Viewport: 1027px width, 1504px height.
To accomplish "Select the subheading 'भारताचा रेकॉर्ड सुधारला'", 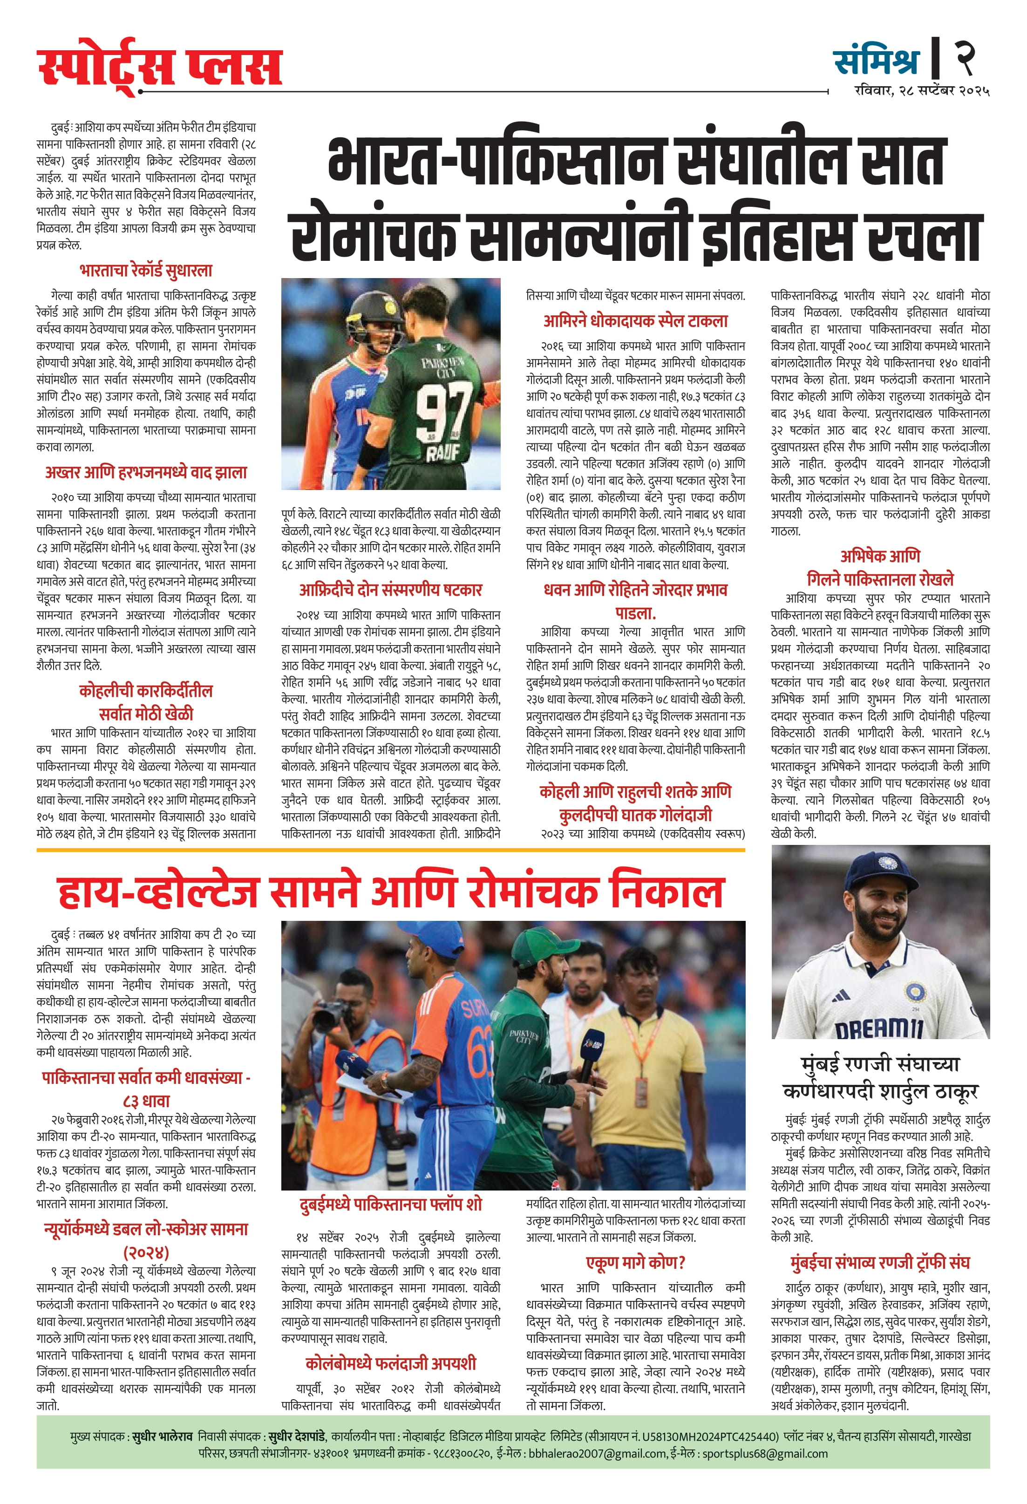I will pos(146,271).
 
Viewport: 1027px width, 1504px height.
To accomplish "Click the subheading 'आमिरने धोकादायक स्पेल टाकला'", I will pos(635,321).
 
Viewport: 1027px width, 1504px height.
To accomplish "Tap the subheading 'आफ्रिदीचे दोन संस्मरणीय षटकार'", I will pos(390,590).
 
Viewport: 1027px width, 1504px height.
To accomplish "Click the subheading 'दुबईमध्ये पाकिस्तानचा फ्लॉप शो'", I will pos(390,1205).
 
